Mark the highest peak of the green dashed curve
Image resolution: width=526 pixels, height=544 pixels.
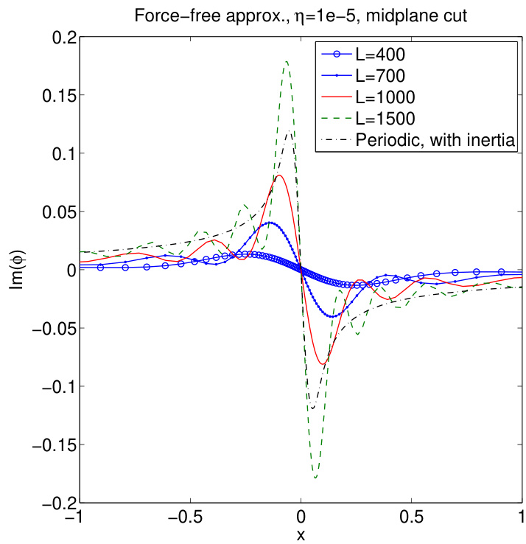click(287, 61)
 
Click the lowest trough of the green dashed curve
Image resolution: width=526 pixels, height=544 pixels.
click(315, 478)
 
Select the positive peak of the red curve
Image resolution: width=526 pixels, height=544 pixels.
click(280, 175)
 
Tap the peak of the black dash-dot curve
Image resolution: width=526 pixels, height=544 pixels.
click(291, 132)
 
